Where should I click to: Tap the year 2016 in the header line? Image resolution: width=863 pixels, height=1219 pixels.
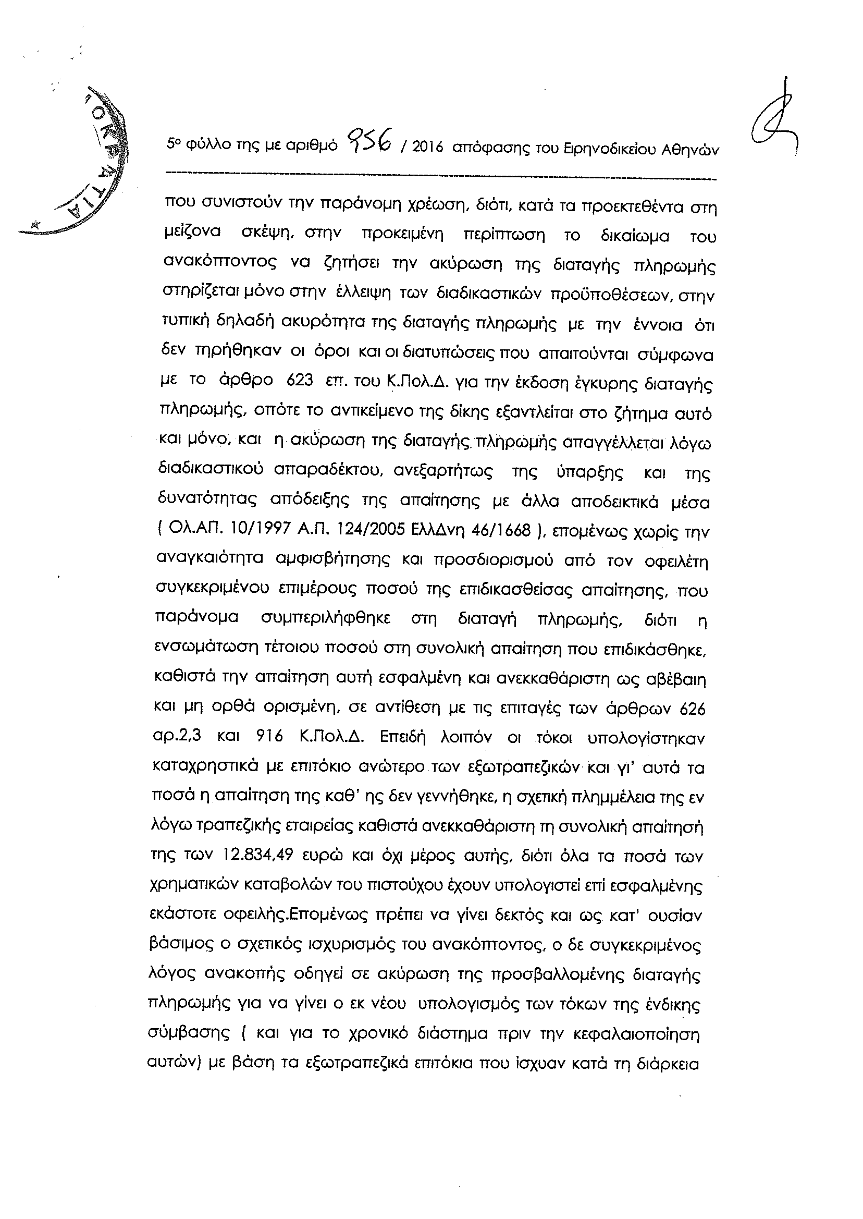(x=427, y=148)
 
